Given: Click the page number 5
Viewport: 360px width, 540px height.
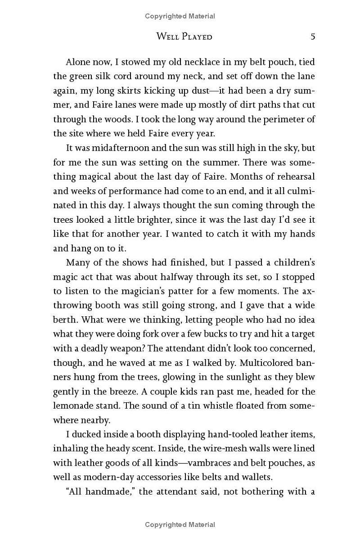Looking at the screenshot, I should point(312,36).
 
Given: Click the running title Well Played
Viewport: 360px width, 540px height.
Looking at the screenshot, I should point(184,36).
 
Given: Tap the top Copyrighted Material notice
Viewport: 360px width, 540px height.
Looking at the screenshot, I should point(180,16).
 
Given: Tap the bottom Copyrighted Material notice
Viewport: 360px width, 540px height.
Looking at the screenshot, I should point(180,524).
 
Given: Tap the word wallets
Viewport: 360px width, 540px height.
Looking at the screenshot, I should point(256,477).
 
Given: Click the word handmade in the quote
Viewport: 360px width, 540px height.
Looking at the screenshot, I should point(105,492).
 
